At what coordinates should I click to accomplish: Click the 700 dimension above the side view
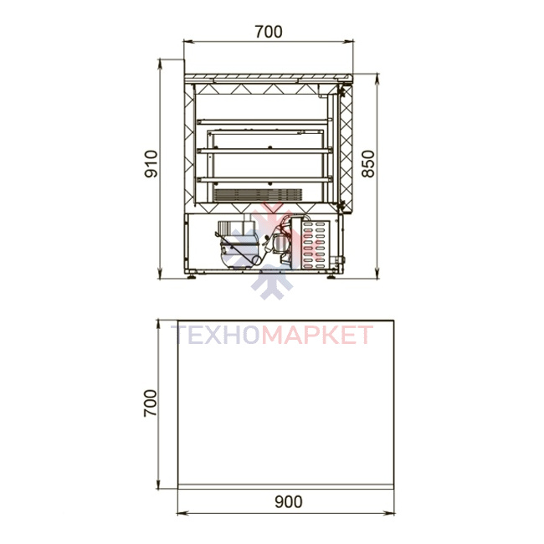coord(269,32)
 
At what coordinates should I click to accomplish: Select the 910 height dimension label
coord(151,164)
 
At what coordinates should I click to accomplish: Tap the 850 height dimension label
coord(368,164)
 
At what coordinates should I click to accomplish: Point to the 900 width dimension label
coord(288,501)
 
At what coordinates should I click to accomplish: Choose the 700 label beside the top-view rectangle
coord(150,403)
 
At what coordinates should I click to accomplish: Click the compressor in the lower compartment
coord(238,245)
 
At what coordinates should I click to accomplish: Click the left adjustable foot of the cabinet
coord(191,276)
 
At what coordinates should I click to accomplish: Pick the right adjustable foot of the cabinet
coord(331,276)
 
